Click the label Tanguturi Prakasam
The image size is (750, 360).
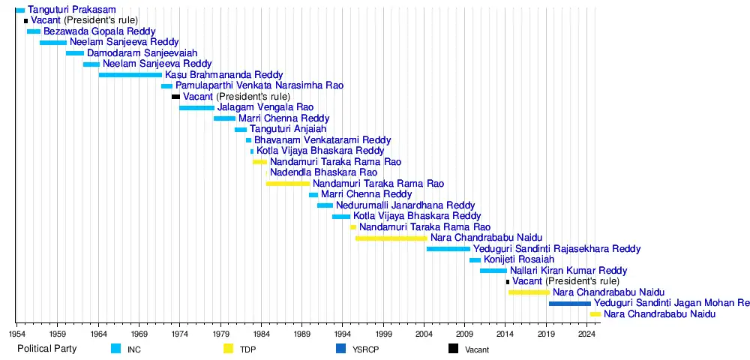72,10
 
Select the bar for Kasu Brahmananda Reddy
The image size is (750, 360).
130,75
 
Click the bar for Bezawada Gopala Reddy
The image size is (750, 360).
34,31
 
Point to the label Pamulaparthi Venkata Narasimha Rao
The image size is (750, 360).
259,86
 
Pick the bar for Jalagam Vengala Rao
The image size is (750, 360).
196,108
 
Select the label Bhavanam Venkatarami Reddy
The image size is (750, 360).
322,140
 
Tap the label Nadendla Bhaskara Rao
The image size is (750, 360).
323,172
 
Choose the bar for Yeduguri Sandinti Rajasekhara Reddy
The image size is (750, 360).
448,248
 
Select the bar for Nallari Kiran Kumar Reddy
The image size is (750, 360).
493,270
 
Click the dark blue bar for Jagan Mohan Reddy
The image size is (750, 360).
569,303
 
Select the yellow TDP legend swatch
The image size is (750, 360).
229,349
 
